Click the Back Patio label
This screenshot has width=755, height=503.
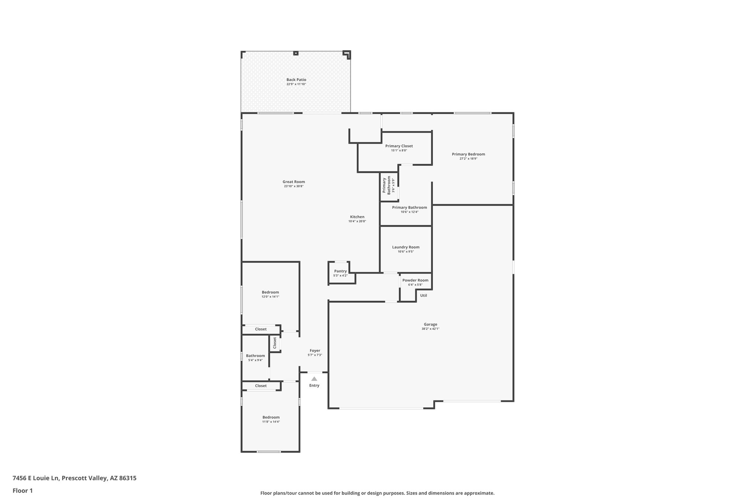(x=296, y=80)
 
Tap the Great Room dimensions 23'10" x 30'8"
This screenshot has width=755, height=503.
(x=293, y=186)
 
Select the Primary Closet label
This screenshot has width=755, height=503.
(x=399, y=146)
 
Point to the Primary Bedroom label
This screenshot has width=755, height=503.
(x=468, y=154)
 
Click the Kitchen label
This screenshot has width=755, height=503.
(x=357, y=217)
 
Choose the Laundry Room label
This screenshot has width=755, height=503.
(x=406, y=247)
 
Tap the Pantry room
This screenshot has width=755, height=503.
(x=340, y=273)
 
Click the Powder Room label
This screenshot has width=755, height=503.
(x=415, y=280)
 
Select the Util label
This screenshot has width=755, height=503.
(x=423, y=295)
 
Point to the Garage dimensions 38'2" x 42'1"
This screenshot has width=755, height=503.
(x=430, y=329)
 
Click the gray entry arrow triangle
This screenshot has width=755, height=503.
(x=314, y=378)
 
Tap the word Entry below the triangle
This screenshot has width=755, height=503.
(x=314, y=385)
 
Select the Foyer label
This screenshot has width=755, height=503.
(x=314, y=350)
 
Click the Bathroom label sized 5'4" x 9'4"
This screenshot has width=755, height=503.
(x=255, y=356)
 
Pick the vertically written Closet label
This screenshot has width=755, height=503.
(x=275, y=343)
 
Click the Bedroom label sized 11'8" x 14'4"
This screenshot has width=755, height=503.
(x=271, y=417)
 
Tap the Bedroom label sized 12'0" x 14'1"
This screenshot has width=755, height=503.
(x=270, y=292)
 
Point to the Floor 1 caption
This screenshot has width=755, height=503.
(x=22, y=490)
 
